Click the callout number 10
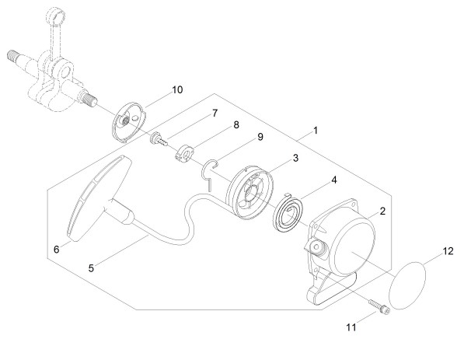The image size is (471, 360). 177,89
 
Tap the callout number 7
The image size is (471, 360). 215,113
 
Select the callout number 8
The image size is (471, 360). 236,124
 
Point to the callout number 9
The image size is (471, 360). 260,137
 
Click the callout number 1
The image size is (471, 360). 315,131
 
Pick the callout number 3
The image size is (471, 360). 295,158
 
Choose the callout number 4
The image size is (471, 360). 333,180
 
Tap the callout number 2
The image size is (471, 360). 382,211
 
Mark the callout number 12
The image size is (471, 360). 448,251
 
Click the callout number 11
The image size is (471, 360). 351,327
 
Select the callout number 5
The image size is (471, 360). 91,268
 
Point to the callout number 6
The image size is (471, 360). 57,249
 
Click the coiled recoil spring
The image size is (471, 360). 288,212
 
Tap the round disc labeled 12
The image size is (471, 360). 407,285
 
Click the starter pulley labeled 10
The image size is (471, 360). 128,122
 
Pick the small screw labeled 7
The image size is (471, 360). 159,139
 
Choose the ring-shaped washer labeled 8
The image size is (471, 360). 184,153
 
